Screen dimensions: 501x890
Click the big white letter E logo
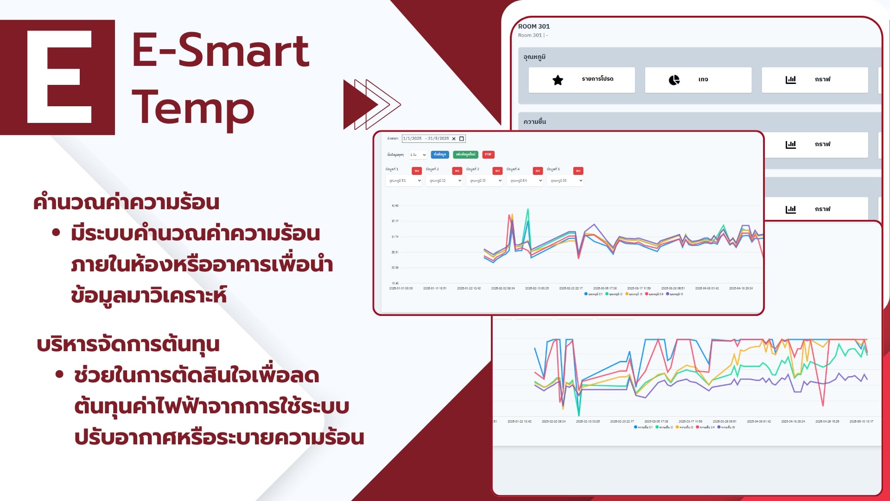59,77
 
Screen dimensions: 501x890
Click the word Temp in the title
193,108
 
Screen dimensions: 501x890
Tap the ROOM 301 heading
534,26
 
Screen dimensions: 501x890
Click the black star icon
558,80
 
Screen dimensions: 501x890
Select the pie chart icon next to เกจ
674,80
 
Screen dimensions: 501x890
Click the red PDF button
488,154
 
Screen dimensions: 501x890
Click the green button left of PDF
465,154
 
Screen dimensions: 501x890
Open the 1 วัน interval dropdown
418,155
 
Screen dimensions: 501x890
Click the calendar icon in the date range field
462,139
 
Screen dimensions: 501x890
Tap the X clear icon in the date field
454,139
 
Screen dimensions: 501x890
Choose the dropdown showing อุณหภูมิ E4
525,181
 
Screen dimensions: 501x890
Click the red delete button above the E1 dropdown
416,171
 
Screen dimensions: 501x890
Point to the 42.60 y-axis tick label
395,206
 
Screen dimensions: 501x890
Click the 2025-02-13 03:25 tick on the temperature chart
537,289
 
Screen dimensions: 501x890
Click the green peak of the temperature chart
528,210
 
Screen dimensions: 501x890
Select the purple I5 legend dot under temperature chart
667,294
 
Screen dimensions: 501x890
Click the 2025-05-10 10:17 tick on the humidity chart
861,422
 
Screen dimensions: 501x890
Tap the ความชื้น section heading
534,122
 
